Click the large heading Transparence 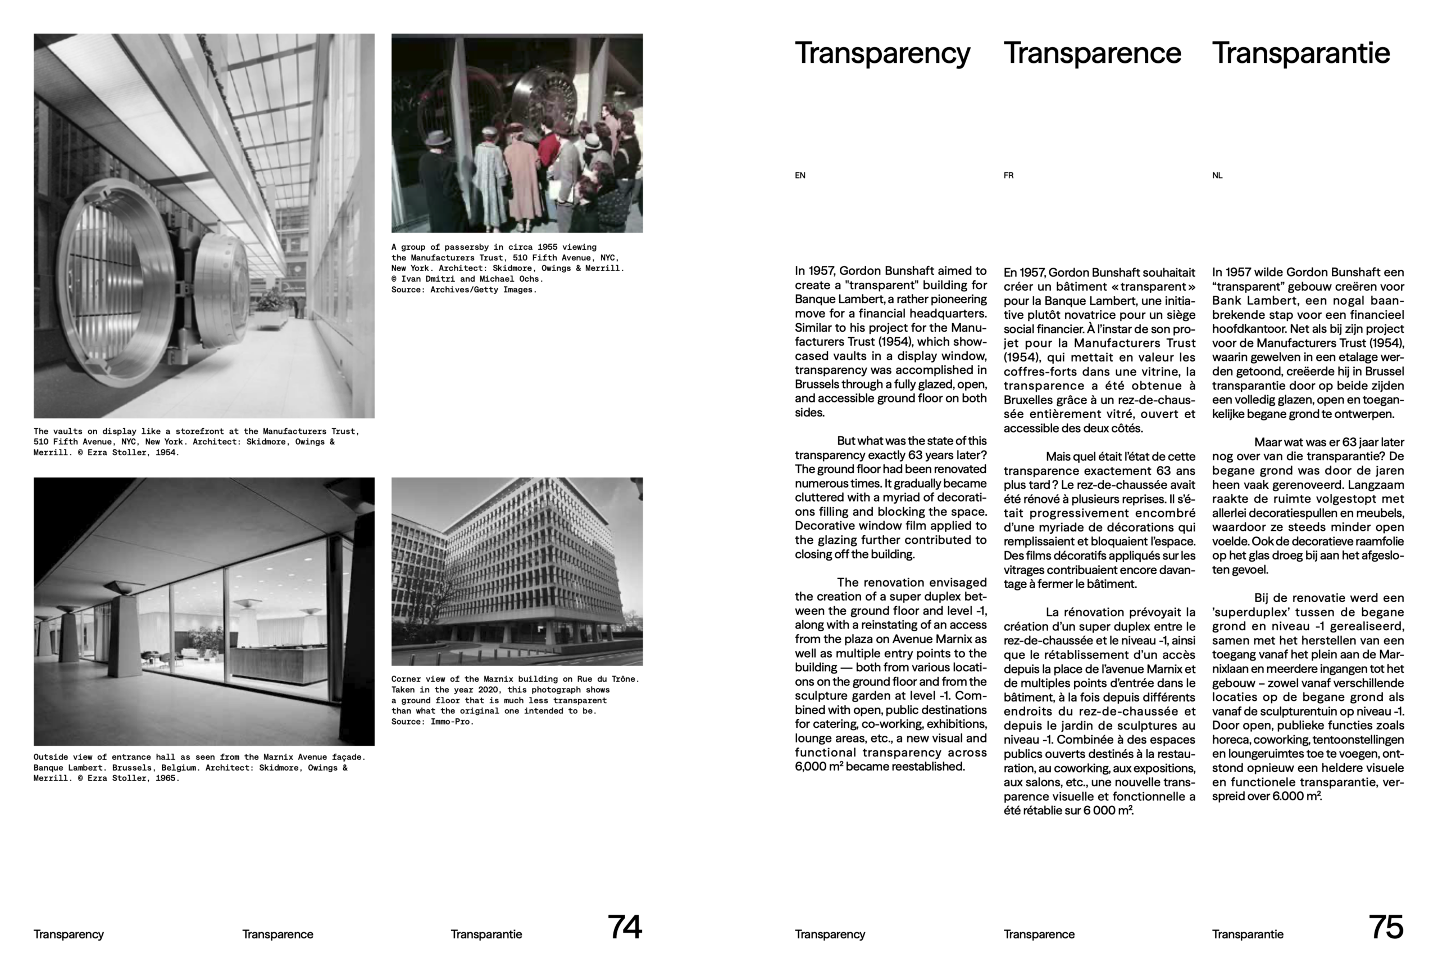pos(1092,53)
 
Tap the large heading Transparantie pos(1300,53)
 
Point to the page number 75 pos(1386,927)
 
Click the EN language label pos(800,176)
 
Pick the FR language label pos(1009,176)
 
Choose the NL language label pos(1217,176)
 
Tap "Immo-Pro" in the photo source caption pos(452,722)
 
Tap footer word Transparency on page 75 pos(830,934)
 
